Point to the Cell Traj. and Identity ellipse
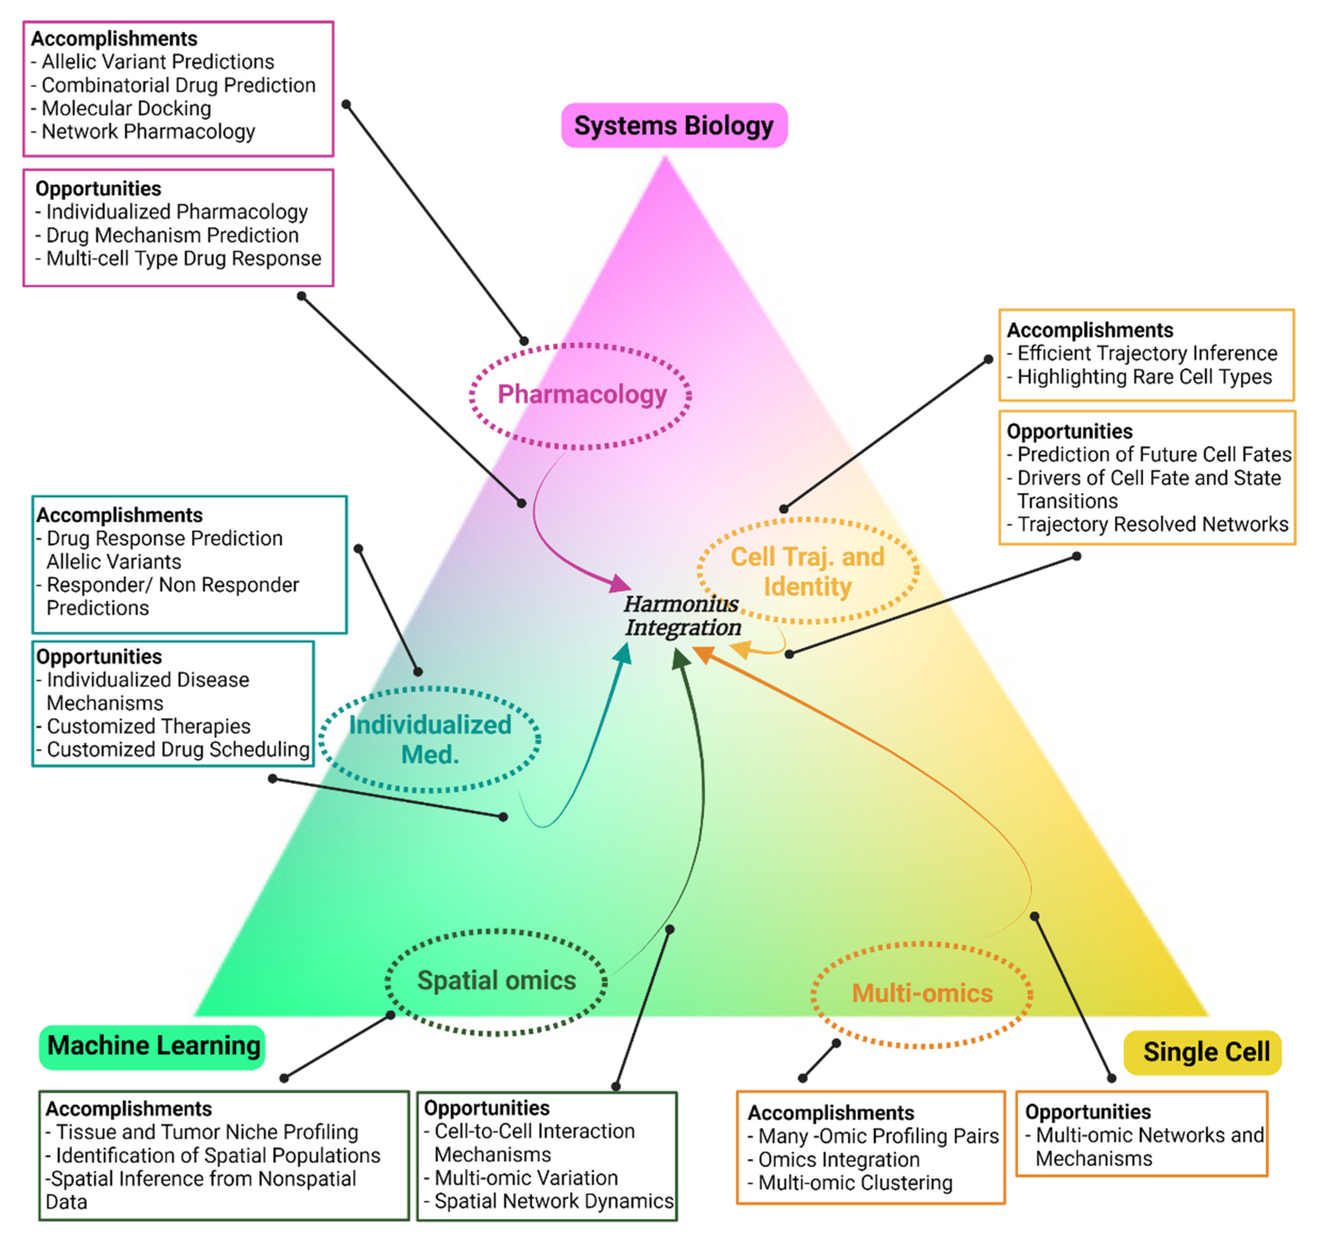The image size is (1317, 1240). tap(807, 571)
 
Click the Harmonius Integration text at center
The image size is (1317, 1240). tap(682, 615)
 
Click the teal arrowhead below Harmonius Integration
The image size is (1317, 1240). tap(623, 654)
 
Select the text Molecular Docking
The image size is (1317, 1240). tap(126, 108)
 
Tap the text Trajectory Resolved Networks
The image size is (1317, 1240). tap(1152, 524)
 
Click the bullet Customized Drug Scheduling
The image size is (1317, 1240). tap(178, 749)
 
